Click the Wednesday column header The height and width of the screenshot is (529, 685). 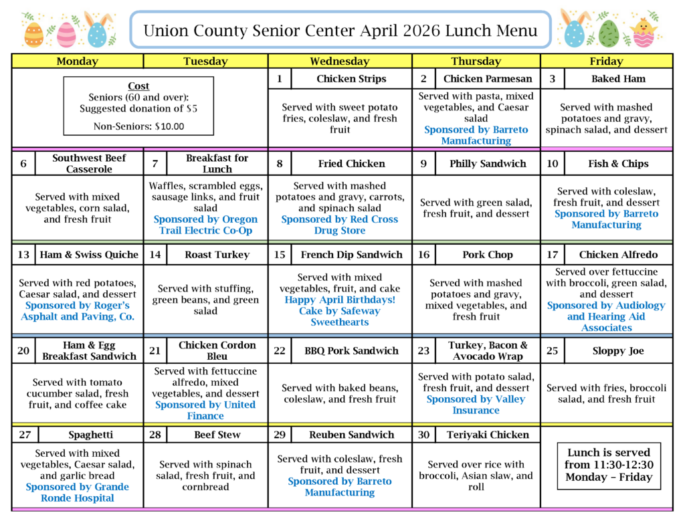click(339, 61)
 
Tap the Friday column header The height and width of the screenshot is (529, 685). click(606, 61)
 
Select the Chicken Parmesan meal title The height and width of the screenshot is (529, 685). click(488, 79)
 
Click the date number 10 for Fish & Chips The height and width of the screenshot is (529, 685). click(553, 163)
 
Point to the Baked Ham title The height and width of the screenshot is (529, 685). click(618, 79)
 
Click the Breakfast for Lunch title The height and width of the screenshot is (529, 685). click(217, 163)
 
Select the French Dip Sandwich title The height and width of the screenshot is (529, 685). click(351, 255)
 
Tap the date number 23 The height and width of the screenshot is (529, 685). click(423, 350)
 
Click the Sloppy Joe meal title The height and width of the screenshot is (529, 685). click(618, 350)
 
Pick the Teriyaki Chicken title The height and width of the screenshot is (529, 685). click(488, 435)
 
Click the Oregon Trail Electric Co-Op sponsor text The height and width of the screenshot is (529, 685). click(205, 225)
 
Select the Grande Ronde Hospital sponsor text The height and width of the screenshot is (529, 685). click(77, 492)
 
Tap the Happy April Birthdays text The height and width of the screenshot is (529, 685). click(339, 300)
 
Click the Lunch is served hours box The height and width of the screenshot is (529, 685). click(608, 465)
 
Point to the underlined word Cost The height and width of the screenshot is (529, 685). click(138, 86)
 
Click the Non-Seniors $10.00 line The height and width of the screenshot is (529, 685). click(138, 125)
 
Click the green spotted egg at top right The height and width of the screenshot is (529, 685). click(608, 33)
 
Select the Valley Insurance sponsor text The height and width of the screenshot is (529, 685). click(476, 405)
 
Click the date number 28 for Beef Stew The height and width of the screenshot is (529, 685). click(155, 435)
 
